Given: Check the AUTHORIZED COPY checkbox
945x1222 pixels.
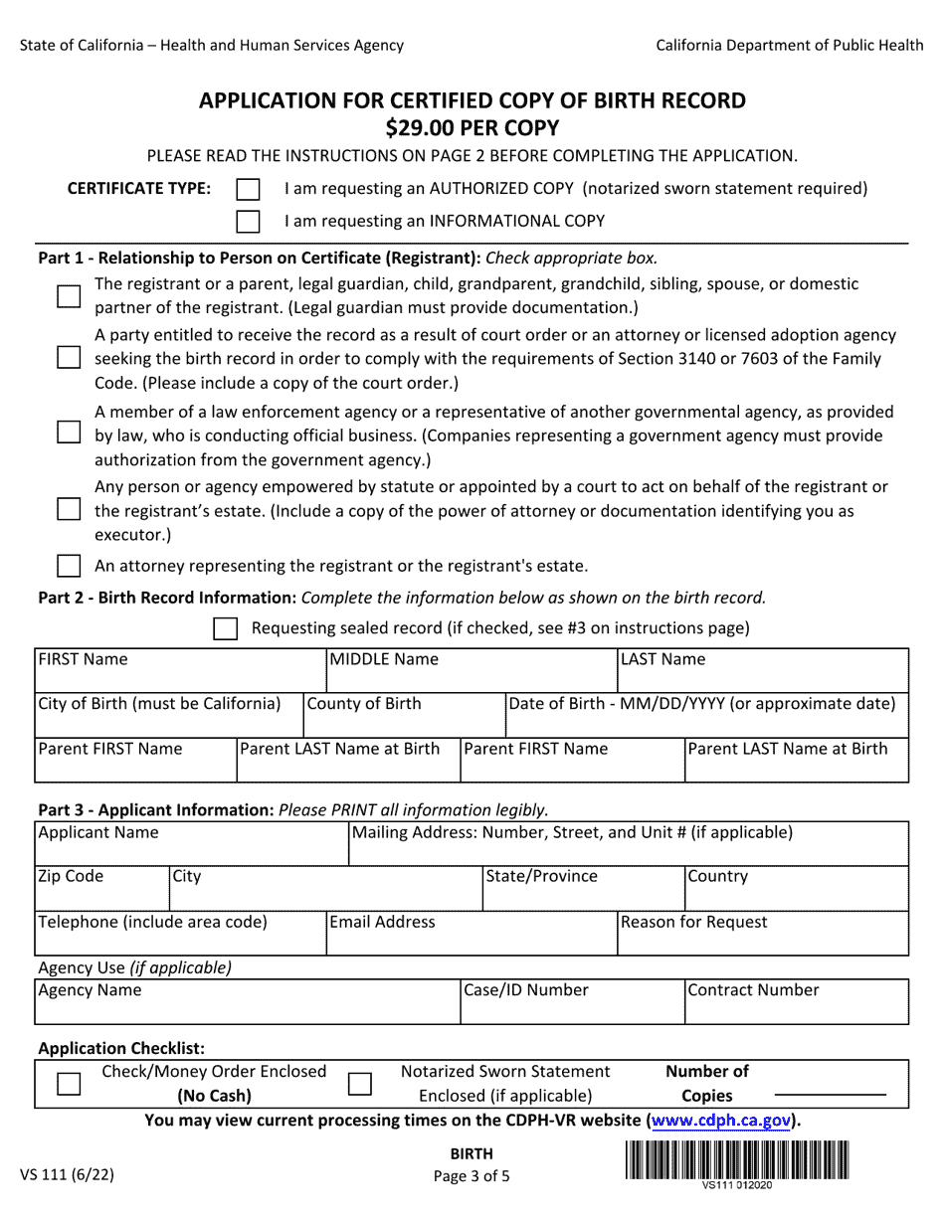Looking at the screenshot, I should (248, 189).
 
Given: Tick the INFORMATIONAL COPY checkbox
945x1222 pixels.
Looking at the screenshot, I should (248, 221).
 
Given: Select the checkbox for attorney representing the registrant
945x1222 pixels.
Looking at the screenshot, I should (69, 567).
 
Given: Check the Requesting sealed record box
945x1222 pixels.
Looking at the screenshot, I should (226, 628).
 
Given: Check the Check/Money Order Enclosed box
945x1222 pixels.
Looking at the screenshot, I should (69, 1084).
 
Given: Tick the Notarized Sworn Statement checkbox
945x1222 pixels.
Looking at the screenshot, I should (360, 1084).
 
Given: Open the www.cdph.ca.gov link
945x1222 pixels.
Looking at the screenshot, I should (721, 1121).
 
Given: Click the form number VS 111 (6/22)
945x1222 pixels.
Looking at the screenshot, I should (67, 1174).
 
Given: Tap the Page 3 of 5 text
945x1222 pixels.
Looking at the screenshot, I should (472, 1175).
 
